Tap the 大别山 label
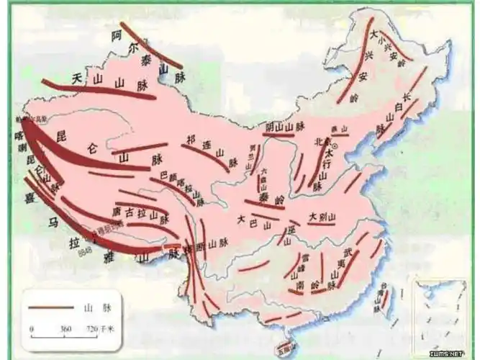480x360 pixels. (322, 216)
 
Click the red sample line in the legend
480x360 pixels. (51, 307)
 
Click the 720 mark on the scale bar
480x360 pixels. (91, 328)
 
